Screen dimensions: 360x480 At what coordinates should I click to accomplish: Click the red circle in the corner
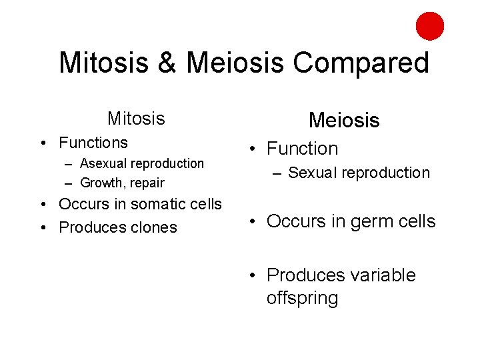click(x=430, y=27)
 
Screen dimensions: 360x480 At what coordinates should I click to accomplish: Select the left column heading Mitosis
click(x=136, y=119)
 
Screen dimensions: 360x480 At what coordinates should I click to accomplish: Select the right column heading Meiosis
click(x=344, y=121)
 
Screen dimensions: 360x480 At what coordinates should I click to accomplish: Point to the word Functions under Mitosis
click(x=93, y=143)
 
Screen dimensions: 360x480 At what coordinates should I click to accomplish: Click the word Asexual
click(x=103, y=163)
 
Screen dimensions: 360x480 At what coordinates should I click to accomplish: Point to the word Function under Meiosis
click(x=302, y=149)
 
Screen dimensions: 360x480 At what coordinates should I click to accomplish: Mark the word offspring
click(x=302, y=298)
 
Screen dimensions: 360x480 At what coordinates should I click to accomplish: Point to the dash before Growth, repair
click(x=69, y=183)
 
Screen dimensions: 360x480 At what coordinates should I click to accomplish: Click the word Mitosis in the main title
click(x=103, y=63)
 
